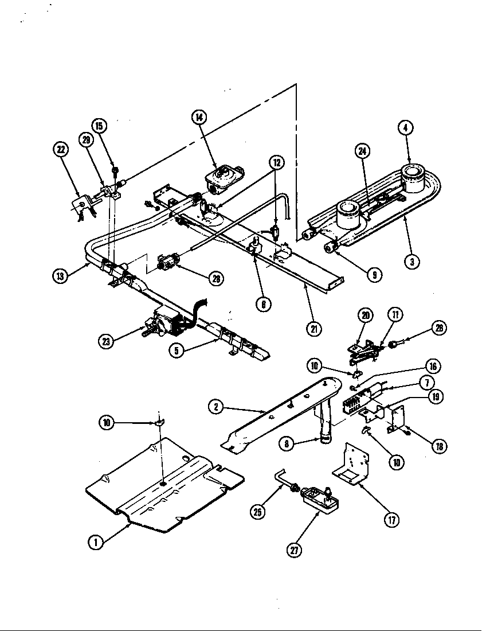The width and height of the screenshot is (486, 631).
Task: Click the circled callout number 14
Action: (x=199, y=118)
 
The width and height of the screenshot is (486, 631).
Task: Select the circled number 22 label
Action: (x=61, y=150)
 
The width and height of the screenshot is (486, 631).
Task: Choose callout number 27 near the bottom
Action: (x=295, y=550)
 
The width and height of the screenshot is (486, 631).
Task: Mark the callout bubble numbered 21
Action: (x=313, y=329)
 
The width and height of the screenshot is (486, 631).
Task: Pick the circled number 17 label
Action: (x=392, y=520)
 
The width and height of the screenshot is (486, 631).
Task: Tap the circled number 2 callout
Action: (x=216, y=407)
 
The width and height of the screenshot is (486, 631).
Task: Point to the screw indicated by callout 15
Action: (x=115, y=171)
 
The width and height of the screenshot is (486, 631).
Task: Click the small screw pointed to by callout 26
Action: (x=394, y=345)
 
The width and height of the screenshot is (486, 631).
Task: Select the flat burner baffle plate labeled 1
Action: (x=163, y=485)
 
